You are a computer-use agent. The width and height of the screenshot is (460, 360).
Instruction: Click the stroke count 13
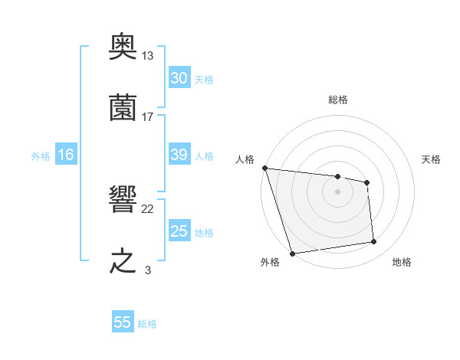[x=148, y=56]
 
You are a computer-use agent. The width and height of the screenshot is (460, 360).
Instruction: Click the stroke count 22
[x=148, y=209]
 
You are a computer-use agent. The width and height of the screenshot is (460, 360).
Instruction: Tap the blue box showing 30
[x=179, y=78]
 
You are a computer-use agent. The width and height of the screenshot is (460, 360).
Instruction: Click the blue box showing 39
[x=179, y=155]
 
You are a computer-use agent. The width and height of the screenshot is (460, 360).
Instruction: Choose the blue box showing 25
[x=179, y=231]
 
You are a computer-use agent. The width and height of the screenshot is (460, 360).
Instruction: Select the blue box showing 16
[x=65, y=155]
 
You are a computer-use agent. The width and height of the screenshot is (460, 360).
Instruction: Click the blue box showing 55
[x=123, y=322]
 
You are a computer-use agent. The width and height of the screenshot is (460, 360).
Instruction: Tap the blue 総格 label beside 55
[x=147, y=324]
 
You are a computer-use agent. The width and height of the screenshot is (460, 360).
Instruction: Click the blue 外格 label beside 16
[x=41, y=156]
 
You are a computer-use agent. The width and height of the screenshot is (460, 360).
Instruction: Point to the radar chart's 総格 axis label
[x=338, y=100]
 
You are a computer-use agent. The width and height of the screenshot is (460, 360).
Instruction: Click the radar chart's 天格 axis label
[x=432, y=159]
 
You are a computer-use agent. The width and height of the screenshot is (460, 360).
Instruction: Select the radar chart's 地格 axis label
[x=402, y=262]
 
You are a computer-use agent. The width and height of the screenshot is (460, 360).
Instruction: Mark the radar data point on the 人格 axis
[x=264, y=168]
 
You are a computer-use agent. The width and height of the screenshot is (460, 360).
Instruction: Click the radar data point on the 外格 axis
[x=292, y=252]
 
